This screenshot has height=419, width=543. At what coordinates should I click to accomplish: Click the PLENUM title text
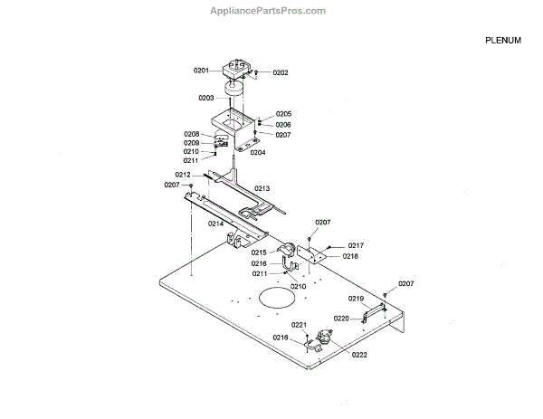(503, 41)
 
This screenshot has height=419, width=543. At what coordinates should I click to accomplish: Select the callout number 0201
(201, 71)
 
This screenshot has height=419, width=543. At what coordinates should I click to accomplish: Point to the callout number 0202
(280, 72)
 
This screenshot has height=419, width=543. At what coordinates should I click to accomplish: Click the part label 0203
(206, 98)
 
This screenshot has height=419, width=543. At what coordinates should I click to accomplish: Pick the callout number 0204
(258, 152)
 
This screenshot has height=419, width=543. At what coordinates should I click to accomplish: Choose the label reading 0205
(283, 114)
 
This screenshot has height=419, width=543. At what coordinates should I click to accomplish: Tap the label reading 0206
(283, 124)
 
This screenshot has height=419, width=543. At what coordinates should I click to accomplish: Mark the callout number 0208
(191, 134)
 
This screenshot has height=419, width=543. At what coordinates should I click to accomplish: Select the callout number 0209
(191, 143)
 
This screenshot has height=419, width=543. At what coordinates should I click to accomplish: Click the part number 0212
(183, 175)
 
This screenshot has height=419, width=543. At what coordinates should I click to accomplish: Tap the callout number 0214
(216, 223)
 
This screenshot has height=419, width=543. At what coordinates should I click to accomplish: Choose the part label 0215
(259, 252)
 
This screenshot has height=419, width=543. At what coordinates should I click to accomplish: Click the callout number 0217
(356, 245)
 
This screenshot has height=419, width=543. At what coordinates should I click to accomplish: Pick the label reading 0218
(350, 256)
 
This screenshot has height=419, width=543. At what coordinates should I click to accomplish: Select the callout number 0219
(356, 299)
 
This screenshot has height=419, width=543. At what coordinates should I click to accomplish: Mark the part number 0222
(359, 355)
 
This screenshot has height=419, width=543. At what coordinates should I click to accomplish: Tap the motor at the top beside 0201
(238, 70)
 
